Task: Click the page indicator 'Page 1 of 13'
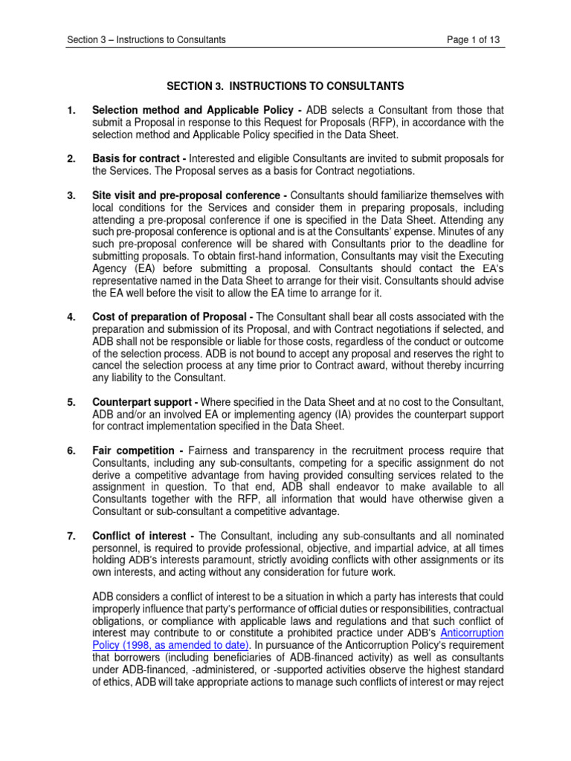click(x=473, y=39)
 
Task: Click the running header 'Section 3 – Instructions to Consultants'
click(x=146, y=39)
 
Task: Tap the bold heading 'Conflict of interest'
click(x=141, y=536)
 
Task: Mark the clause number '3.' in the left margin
click(x=71, y=195)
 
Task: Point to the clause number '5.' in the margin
click(x=71, y=402)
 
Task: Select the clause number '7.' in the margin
click(x=71, y=536)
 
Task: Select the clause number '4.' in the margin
click(x=71, y=317)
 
